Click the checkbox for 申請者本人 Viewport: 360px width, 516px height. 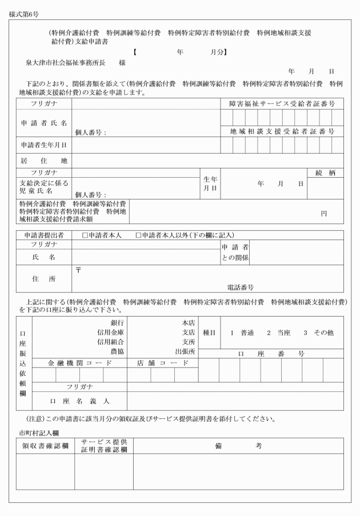(x=85, y=235)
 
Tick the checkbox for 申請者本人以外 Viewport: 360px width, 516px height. (x=138, y=235)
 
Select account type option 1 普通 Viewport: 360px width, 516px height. (x=241, y=332)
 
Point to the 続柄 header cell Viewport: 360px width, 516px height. (x=325, y=172)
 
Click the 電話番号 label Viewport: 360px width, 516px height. (x=240, y=287)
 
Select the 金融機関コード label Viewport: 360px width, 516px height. (x=79, y=363)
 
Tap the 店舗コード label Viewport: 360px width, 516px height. (x=162, y=363)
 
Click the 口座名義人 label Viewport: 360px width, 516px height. (x=79, y=401)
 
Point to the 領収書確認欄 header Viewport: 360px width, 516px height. (x=45, y=446)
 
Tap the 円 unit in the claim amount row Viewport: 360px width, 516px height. (x=323, y=213)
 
